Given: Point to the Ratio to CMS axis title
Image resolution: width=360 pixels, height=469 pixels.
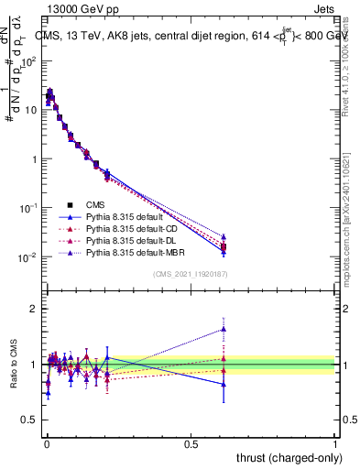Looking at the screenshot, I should tap(12, 365).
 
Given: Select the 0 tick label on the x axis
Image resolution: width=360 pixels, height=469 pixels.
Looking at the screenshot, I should tap(46, 443).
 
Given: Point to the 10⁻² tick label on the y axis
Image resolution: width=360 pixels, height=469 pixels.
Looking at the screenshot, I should tap(27, 257).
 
